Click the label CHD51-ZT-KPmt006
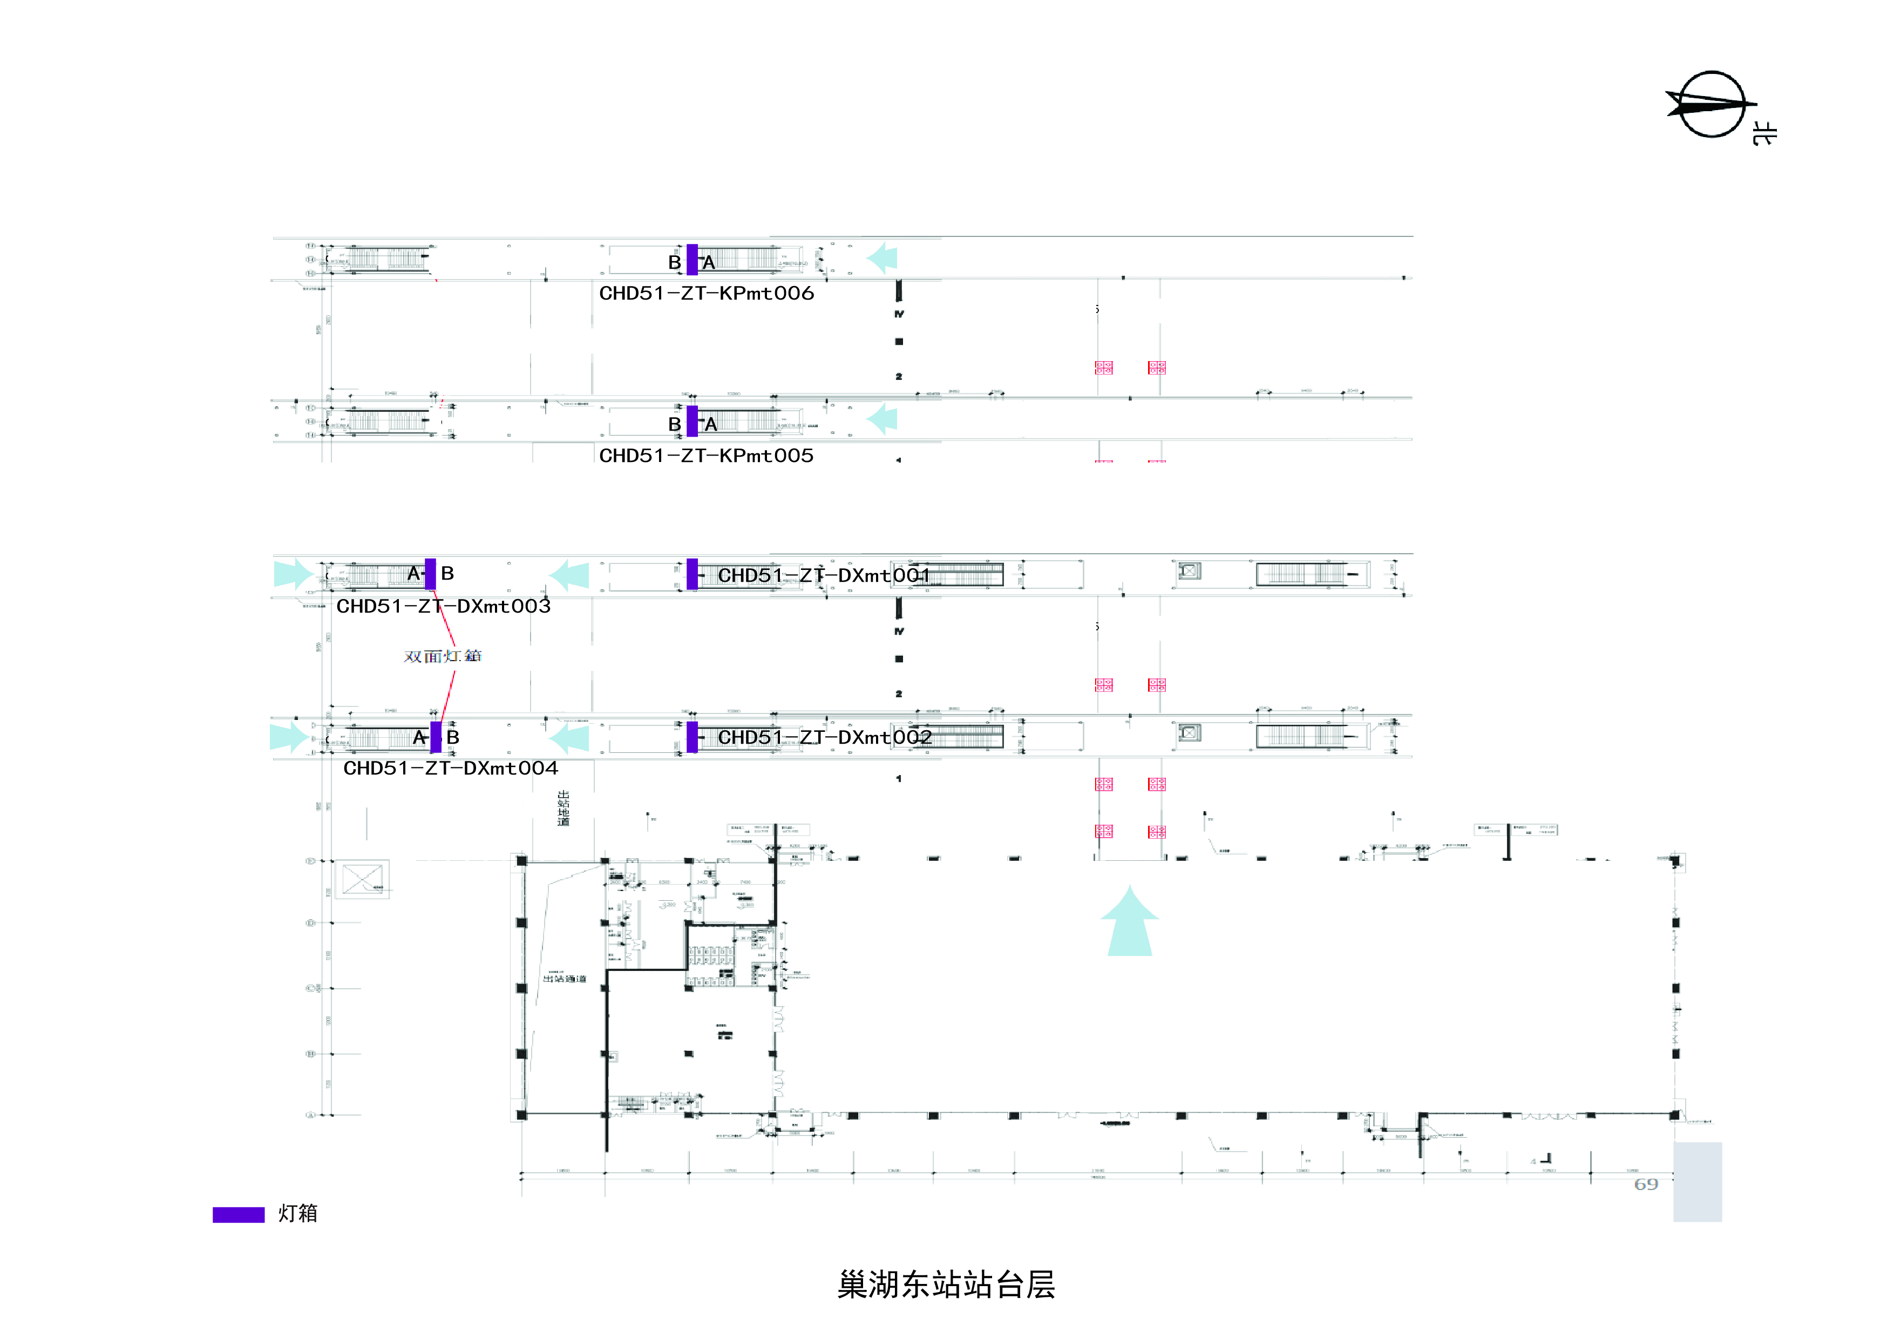706,293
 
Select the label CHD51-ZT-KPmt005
706,456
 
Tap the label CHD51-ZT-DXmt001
823,575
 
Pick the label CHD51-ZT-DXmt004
450,768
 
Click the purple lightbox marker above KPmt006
692,259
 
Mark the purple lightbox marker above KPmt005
692,421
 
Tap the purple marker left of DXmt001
692,574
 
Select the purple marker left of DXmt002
692,737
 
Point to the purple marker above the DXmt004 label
436,737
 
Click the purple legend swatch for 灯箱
239,1214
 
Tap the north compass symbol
1711,105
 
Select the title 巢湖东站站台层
946,1284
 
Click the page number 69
1646,1185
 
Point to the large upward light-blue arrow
1129,922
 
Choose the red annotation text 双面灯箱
442,656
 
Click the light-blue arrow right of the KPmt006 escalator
882,258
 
